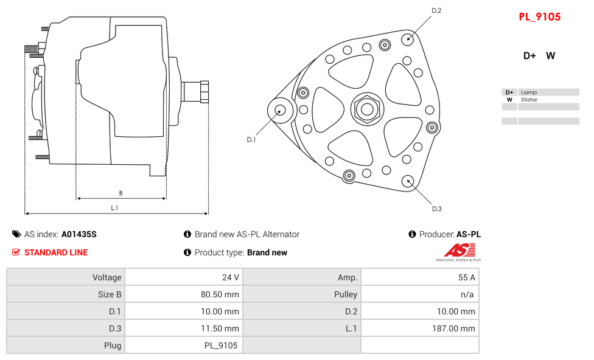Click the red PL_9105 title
[539, 17]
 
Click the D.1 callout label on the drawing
[251, 139]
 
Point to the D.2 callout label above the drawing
[436, 10]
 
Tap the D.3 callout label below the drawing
[436, 209]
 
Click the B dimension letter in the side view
[121, 193]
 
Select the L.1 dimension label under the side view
[114, 208]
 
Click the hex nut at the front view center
[367, 109]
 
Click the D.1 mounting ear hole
[281, 110]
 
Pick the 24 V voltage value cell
[231, 277]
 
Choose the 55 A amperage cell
[467, 277]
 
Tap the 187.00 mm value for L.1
[454, 328]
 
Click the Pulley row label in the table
[346, 294]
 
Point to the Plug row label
[112, 345]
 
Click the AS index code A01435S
[79, 234]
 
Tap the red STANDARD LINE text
[56, 252]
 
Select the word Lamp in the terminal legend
[528, 92]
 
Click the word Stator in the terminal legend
[529, 100]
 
